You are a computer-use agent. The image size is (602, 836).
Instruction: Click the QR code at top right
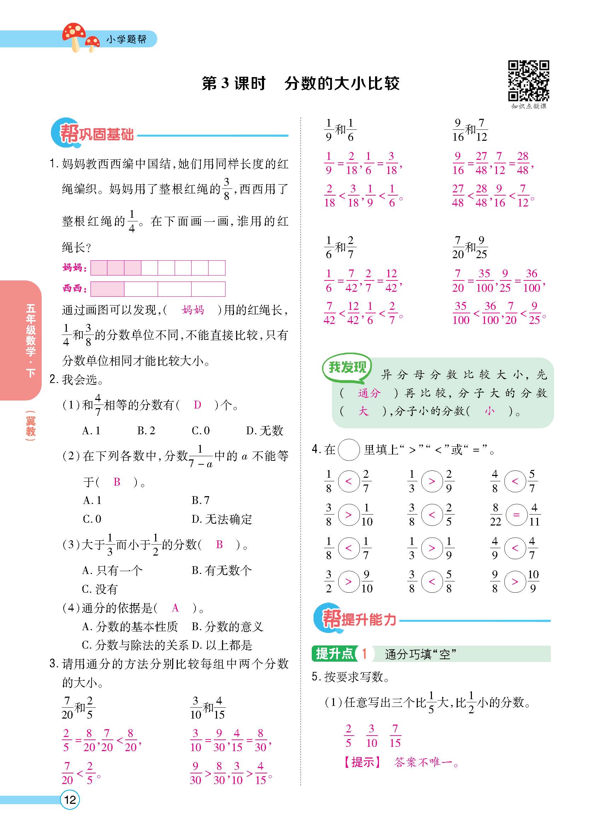click(528, 81)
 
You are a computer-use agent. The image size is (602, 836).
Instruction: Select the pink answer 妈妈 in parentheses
click(193, 310)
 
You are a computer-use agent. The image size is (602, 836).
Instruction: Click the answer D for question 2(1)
click(198, 405)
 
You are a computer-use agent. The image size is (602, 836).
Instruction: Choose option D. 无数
click(264, 430)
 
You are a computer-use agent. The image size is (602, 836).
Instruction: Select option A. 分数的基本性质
click(130, 626)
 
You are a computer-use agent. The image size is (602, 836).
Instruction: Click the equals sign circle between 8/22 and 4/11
click(516, 515)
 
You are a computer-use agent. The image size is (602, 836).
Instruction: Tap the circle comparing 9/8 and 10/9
click(515, 582)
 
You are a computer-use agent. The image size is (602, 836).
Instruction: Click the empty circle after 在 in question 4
click(348, 450)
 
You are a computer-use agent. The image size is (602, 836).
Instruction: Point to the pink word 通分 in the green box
click(369, 393)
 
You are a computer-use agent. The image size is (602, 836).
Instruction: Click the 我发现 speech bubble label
click(347, 367)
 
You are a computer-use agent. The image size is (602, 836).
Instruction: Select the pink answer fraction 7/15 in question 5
click(395, 735)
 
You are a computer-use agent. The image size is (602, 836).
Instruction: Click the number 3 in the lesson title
click(225, 84)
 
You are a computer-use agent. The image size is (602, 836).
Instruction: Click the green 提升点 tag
click(334, 654)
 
